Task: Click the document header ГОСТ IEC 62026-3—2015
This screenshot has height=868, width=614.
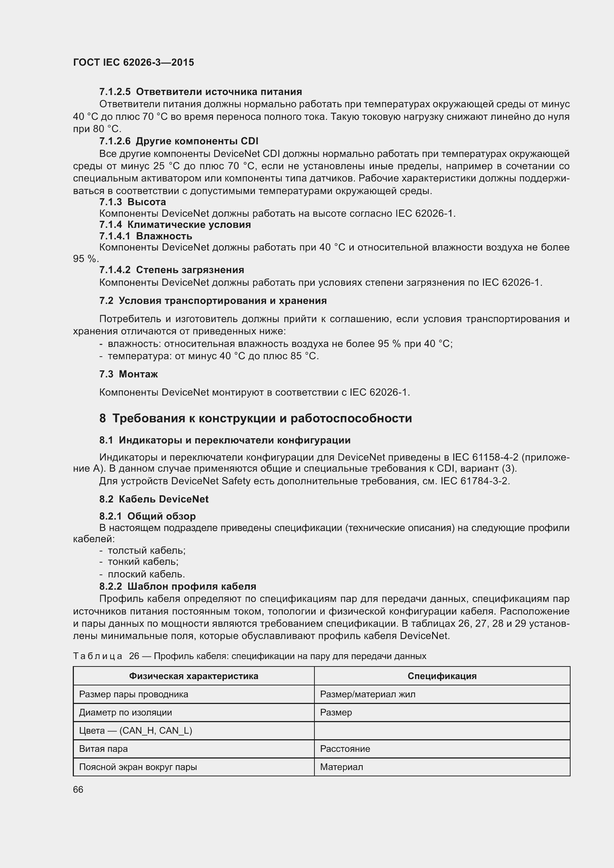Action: tap(134, 62)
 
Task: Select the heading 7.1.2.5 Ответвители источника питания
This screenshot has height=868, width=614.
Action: tap(200, 92)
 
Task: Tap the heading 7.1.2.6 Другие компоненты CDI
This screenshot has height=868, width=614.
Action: tap(179, 141)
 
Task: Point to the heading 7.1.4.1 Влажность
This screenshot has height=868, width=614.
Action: tap(146, 236)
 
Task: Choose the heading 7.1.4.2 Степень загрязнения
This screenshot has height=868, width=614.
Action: tap(171, 269)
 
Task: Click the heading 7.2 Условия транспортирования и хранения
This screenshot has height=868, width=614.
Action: tap(213, 301)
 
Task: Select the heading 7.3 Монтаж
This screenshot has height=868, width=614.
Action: tap(128, 374)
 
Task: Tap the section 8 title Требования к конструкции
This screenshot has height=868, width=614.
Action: tap(255, 418)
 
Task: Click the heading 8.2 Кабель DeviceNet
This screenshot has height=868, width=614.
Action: tap(154, 499)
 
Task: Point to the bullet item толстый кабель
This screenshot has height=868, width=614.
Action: tap(146, 550)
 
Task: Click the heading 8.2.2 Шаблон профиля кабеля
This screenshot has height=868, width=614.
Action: tap(178, 586)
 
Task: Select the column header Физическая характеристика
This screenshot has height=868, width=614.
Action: tap(193, 676)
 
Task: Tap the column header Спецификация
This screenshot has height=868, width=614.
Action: tap(442, 676)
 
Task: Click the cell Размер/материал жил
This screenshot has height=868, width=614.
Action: tap(368, 694)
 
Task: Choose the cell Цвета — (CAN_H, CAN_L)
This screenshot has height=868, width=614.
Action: tap(135, 730)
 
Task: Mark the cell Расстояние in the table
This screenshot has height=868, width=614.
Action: tap(345, 749)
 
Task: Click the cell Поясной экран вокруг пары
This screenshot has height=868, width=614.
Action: tap(138, 767)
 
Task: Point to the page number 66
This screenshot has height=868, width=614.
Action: tap(78, 790)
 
